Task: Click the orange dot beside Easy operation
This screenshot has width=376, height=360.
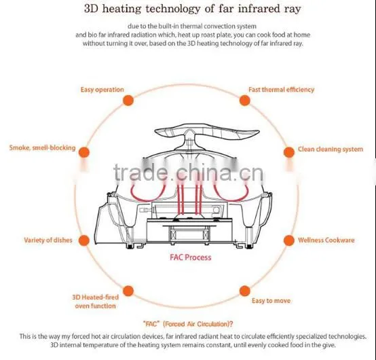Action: pos(128,100)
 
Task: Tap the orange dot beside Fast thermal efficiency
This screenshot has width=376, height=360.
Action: pos(244,100)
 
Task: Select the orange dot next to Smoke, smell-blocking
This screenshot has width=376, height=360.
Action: pos(84,152)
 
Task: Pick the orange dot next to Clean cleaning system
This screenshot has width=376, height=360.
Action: pos(289,152)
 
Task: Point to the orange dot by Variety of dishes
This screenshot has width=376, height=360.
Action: pos(84,240)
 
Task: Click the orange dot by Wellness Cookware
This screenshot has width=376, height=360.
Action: pos(289,240)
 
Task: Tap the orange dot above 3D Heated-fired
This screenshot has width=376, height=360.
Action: pos(128,291)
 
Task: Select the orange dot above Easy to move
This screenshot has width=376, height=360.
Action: pos(244,291)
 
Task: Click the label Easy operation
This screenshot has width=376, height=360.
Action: pos(102,90)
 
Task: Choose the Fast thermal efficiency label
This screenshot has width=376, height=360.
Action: pos(281,90)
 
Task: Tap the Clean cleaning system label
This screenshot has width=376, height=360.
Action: pos(331,149)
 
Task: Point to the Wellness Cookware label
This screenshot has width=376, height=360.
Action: pos(326,240)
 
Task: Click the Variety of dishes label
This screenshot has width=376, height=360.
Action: pos(48,240)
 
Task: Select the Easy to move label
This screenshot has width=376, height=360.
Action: pos(271,301)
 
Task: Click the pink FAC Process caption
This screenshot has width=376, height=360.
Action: pos(191,257)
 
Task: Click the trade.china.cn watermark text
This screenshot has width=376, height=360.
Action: pos(189,172)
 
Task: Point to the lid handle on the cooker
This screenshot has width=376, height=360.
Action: pos(207,132)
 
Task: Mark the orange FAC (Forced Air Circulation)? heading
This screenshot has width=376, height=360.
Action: pos(188,324)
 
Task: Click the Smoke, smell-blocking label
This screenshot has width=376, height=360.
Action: pos(43,147)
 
